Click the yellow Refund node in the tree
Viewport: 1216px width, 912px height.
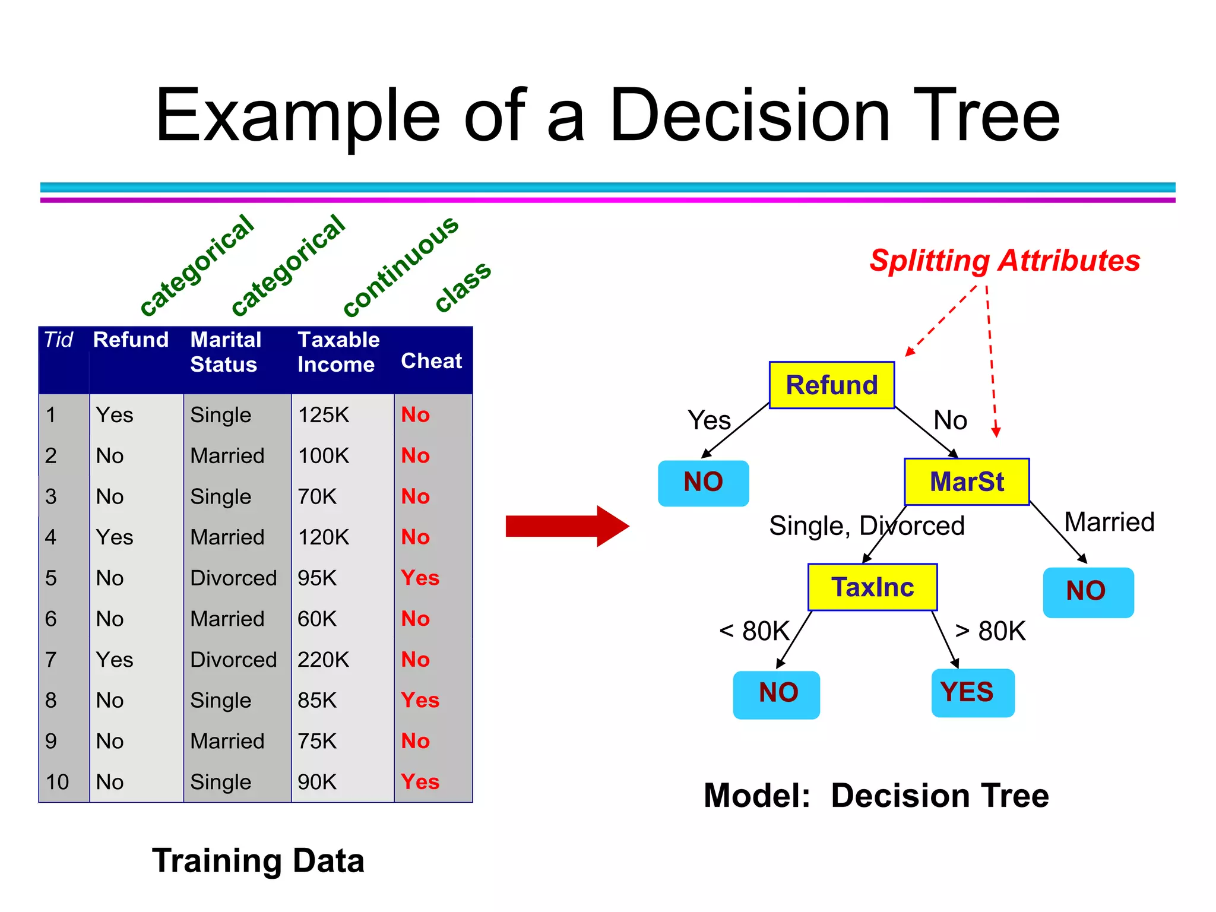(x=831, y=385)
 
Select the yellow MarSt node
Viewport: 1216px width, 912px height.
(x=966, y=482)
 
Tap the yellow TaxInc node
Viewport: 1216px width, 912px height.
(x=872, y=587)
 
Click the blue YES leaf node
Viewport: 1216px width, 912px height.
(x=972, y=692)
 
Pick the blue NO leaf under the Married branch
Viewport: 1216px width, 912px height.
(x=1088, y=592)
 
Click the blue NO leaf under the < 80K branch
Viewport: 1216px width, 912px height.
(x=776, y=694)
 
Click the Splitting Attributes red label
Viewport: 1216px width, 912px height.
(x=1004, y=260)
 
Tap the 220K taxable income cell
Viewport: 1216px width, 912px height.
(x=323, y=660)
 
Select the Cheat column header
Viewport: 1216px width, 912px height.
(x=431, y=360)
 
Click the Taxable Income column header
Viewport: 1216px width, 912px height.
(x=338, y=351)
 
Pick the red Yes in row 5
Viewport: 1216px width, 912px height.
(x=420, y=578)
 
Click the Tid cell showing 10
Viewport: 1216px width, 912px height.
(x=58, y=782)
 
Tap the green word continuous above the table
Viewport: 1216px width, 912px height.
(x=401, y=265)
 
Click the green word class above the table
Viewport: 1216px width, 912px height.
(x=463, y=286)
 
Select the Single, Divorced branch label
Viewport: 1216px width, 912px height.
(x=866, y=525)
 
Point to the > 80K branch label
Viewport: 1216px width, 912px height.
(x=990, y=631)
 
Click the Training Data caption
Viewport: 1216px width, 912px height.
(x=258, y=860)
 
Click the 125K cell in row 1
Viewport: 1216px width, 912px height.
(x=323, y=414)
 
